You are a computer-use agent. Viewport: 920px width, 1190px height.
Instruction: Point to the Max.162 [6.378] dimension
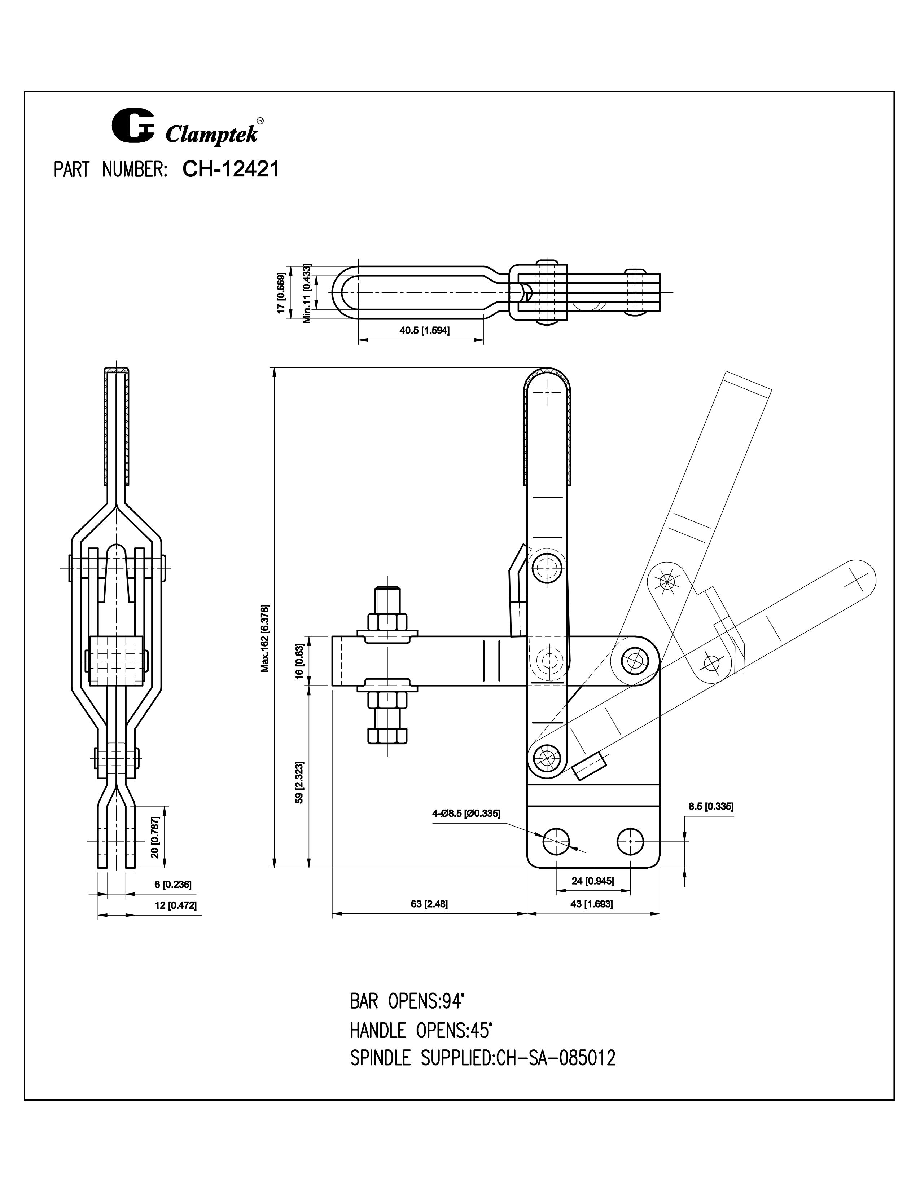[x=265, y=638]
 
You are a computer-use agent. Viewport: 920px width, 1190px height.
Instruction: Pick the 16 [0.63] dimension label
[x=299, y=660]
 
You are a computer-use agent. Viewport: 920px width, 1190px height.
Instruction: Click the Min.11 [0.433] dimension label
[x=307, y=293]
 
